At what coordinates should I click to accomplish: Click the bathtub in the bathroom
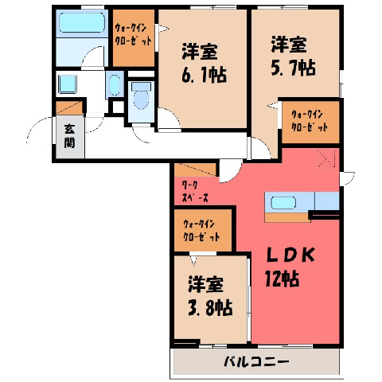pos(82,23)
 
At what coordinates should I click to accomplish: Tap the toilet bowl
pos(141,99)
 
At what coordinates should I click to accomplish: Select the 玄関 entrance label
pos(69,136)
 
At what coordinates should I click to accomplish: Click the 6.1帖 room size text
pos(204,75)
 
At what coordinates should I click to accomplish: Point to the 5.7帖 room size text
pos(293,68)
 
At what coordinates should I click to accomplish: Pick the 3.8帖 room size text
pos(210,308)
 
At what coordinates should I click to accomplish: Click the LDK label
pos(290,255)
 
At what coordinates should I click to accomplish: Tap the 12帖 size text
pos(283,279)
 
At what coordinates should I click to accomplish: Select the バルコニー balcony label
pos(256,362)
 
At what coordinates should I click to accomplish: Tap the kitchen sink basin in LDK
pos(283,203)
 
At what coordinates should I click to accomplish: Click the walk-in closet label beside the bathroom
pos(133,34)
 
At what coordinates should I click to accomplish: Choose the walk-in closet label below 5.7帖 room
pos(310,121)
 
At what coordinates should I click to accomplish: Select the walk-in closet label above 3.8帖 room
pos(201,231)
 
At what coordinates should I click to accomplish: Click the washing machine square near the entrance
pos(68,84)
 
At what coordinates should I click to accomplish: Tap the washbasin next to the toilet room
pos(115,85)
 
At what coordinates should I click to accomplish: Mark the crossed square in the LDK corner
pos(326,159)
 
